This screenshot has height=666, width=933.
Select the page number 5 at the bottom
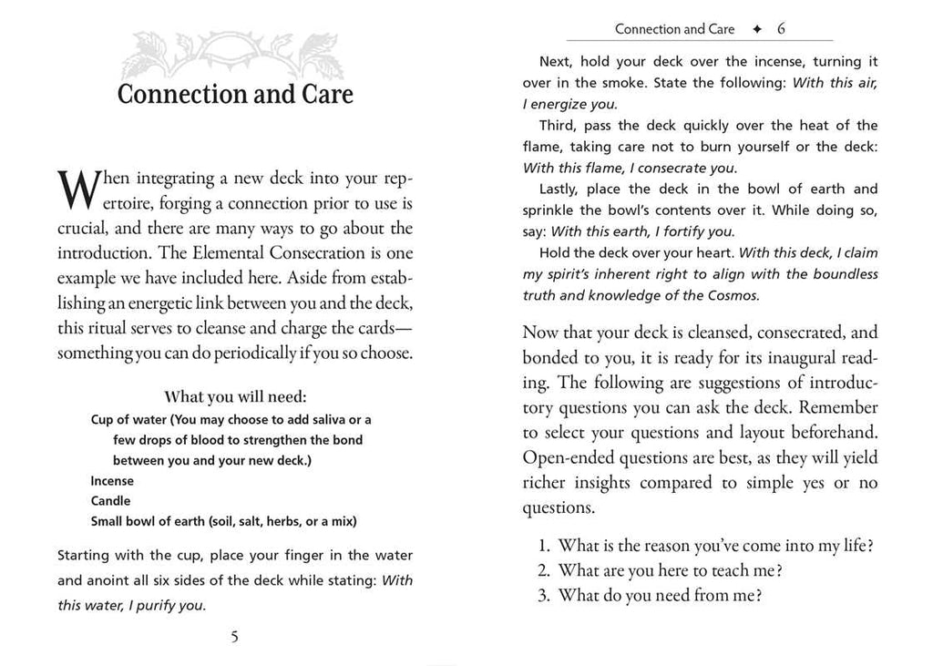coord(234,637)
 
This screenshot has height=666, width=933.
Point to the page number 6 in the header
coord(781,29)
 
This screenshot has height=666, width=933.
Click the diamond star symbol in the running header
coord(756,29)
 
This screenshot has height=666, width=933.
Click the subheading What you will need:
coord(235,397)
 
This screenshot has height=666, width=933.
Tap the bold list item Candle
coord(110,500)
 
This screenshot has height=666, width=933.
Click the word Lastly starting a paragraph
coord(559,189)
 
